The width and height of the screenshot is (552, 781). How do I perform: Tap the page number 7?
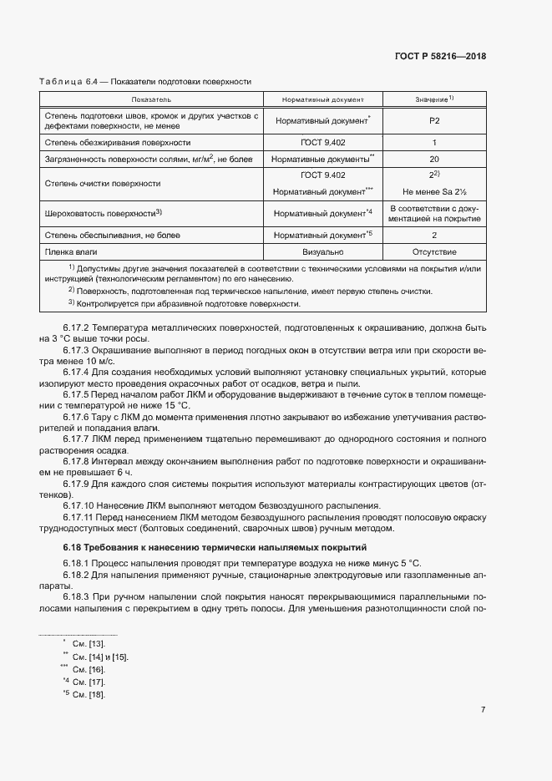[484, 710]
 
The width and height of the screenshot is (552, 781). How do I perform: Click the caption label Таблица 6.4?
[68, 81]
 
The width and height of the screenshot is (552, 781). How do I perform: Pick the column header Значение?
[433, 99]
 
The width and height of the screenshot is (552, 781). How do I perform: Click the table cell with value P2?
[433, 120]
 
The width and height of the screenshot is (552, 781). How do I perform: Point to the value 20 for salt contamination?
[433, 158]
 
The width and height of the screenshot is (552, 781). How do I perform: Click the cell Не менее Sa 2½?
[433, 191]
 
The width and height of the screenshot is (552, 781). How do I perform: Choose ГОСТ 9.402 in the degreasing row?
[322, 143]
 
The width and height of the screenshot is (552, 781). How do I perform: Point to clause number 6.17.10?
[80, 505]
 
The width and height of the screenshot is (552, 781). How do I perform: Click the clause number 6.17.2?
[78, 328]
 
